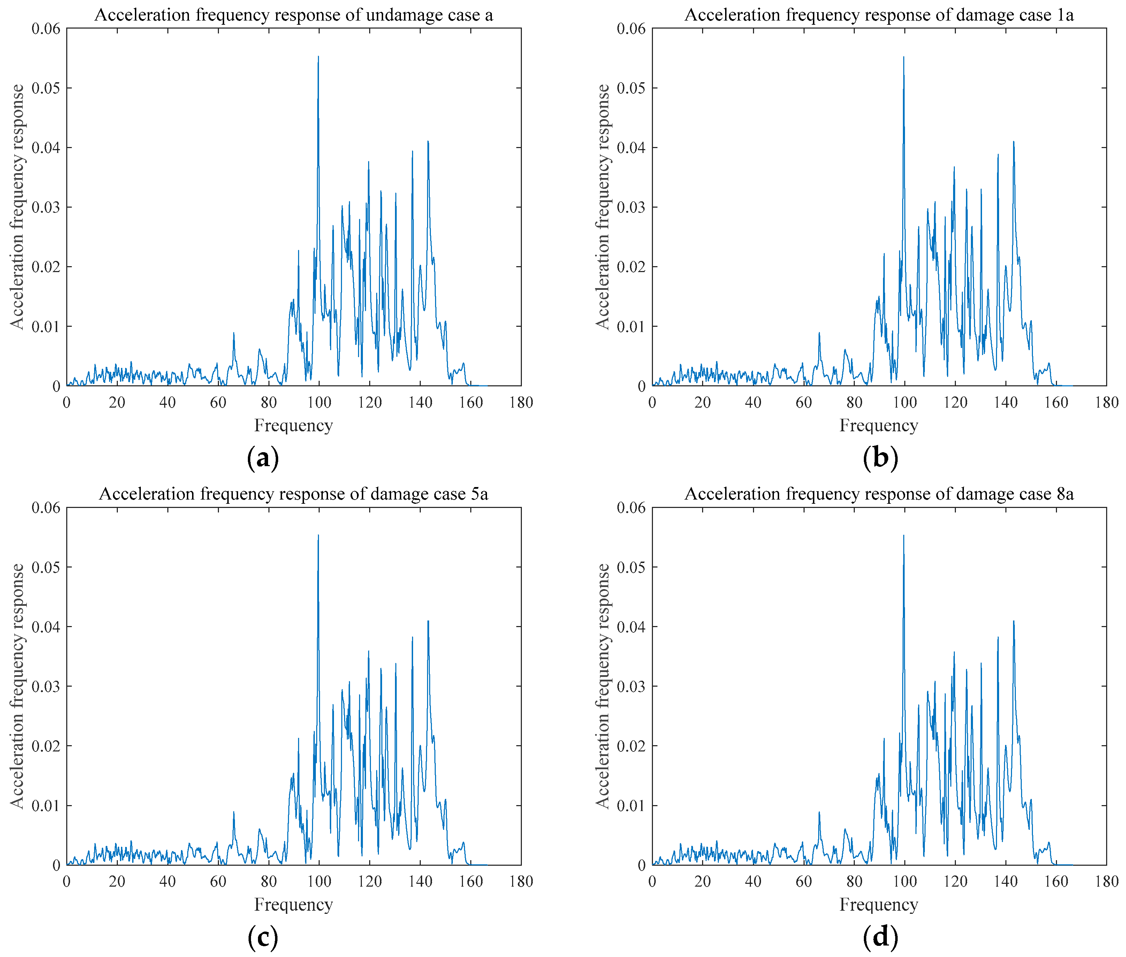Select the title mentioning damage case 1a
tap(878, 15)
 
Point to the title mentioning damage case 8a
tap(878, 494)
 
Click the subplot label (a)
tap(263, 458)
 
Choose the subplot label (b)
tap(880, 458)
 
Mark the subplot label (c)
tap(263, 937)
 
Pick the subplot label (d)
tap(880, 937)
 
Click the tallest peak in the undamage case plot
tap(318, 57)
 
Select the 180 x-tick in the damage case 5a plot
tap(521, 882)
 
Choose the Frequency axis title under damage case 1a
tap(878, 425)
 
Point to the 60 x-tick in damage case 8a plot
tap(804, 882)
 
